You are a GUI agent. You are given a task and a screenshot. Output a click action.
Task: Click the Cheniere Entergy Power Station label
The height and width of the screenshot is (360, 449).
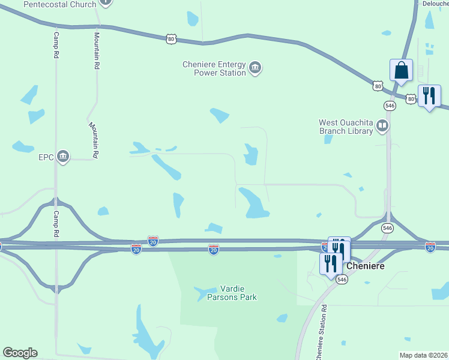[x=214, y=68]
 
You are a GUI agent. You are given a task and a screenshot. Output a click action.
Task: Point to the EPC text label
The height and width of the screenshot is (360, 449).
[x=46, y=158]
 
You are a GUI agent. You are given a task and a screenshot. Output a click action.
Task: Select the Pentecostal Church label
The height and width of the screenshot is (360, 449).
[x=60, y=4]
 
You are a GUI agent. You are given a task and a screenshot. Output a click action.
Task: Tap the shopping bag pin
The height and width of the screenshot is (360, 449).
[x=401, y=70]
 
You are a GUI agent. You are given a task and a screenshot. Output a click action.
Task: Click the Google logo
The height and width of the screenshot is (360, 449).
[x=20, y=353]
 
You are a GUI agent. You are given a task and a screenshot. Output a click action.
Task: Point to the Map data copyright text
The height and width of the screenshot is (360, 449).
[x=423, y=355]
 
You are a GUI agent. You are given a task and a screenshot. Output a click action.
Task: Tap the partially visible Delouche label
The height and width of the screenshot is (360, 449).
[x=436, y=3]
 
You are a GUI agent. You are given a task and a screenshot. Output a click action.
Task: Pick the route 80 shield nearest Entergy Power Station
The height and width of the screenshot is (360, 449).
[x=172, y=38]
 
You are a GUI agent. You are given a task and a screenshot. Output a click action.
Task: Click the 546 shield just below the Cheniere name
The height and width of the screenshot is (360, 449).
[x=342, y=280]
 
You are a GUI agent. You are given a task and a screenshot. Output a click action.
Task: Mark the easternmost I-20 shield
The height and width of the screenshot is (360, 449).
[x=430, y=247]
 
